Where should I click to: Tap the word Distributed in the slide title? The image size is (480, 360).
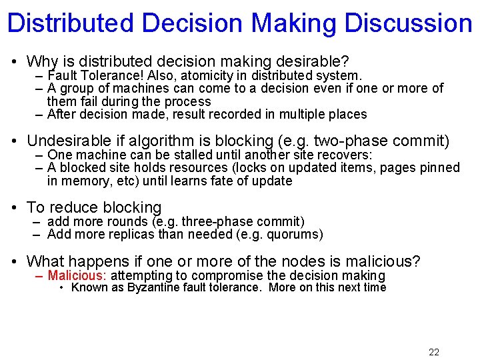coord(70,23)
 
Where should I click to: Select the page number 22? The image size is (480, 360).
coord(434,352)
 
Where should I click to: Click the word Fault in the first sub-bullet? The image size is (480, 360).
coord(62,75)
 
